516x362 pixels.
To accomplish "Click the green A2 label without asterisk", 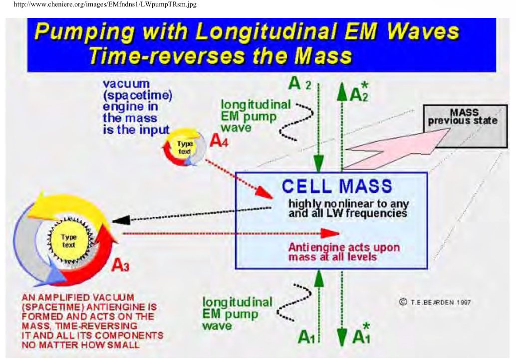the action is point(299,84).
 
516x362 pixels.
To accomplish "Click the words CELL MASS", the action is point(337,186).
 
